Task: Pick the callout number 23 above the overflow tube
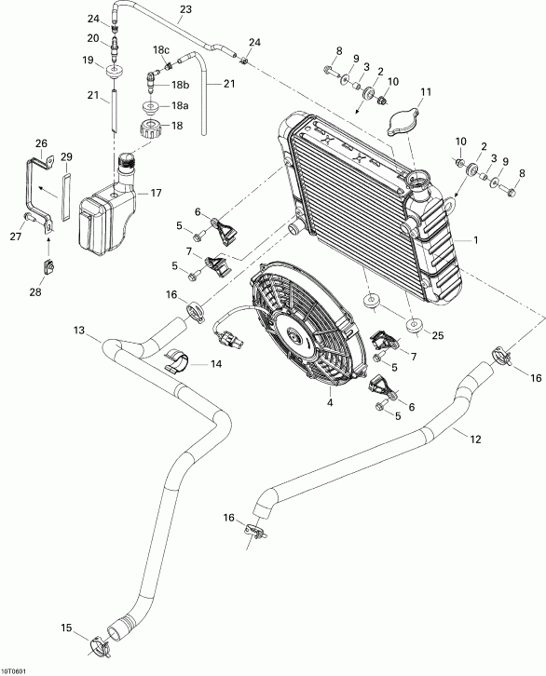[184, 9]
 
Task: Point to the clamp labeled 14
[177, 360]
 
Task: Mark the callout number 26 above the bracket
[40, 142]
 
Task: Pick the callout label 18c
[161, 49]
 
